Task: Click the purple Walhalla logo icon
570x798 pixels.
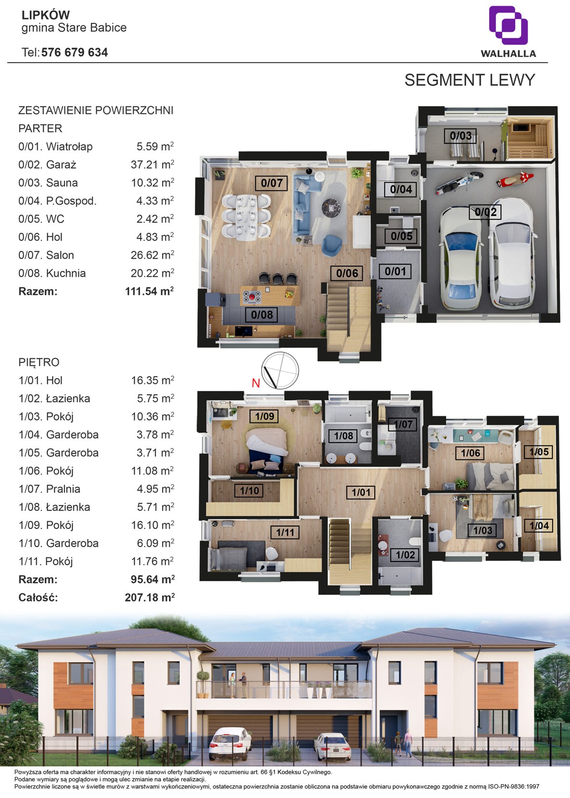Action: tap(508, 25)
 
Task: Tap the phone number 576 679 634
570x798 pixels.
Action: tap(74, 52)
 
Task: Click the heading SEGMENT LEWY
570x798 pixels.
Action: tap(469, 80)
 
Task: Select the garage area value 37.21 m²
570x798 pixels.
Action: tap(152, 164)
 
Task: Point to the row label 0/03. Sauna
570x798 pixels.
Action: tap(48, 183)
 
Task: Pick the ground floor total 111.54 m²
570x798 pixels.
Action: tap(149, 291)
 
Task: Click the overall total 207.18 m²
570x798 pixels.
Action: tap(150, 598)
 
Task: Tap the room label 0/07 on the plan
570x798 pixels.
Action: tap(272, 183)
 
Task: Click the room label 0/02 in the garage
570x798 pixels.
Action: tap(486, 212)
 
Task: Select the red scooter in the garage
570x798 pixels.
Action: tap(515, 179)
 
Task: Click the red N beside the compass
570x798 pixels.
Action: tap(256, 383)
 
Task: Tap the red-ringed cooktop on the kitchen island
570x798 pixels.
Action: tap(252, 297)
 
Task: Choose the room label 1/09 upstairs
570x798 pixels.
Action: tap(264, 416)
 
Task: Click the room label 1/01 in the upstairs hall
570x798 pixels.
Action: tap(361, 493)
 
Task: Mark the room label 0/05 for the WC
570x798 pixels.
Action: tap(402, 236)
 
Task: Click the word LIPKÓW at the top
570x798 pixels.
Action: tap(46, 15)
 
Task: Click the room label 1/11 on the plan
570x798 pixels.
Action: tap(285, 532)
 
